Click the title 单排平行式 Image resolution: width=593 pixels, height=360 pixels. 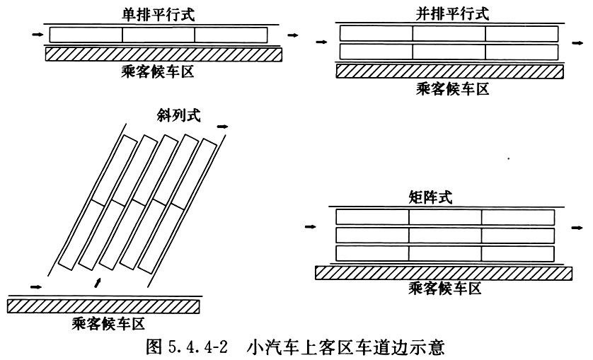158,14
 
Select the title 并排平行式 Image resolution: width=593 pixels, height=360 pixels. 452,14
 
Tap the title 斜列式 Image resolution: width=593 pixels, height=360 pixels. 178,115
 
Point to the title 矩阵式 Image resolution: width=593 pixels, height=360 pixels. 430,197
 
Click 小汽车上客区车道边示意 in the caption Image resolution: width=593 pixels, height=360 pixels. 345,347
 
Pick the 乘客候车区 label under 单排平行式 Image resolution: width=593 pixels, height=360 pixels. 158,71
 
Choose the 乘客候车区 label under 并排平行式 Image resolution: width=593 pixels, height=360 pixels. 453,88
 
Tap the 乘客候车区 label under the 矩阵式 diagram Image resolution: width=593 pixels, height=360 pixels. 445,289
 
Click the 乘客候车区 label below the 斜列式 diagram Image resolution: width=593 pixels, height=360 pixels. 108,323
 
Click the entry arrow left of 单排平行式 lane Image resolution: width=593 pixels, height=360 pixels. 38,35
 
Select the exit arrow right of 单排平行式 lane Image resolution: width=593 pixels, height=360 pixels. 293,35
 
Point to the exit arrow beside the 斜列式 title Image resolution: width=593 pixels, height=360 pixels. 223,127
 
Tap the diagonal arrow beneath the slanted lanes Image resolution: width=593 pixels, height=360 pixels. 98,282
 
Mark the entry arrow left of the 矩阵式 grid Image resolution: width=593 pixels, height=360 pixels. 311,226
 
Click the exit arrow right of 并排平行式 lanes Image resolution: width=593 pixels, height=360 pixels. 577,43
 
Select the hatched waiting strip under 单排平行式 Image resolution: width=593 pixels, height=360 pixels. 163,54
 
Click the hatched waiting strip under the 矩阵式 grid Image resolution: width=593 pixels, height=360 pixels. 444,272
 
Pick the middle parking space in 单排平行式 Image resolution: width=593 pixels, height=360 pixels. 159,35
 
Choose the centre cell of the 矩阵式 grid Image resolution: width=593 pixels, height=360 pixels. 445,236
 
